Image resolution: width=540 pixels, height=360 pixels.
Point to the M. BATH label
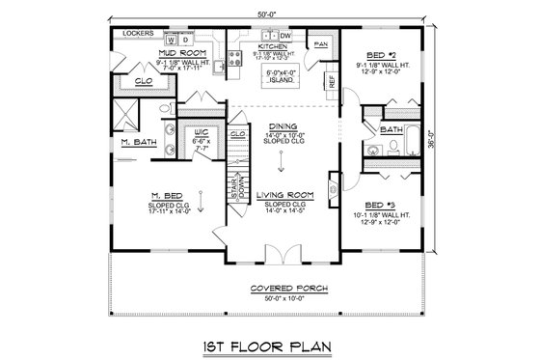tap(133, 143)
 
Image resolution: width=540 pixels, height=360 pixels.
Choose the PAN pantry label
tap(321, 44)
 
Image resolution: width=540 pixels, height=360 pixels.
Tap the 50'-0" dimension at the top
tap(269, 13)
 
